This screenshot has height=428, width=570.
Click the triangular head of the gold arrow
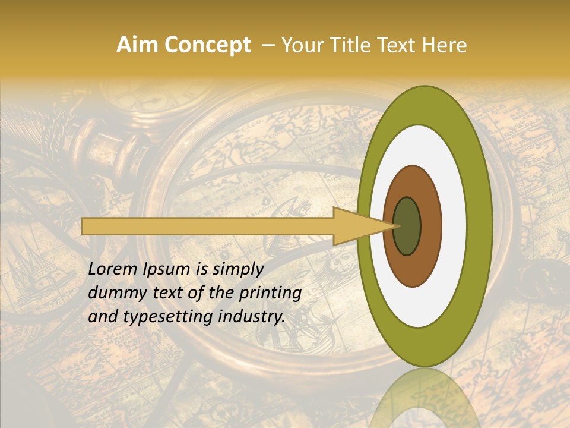click(356, 226)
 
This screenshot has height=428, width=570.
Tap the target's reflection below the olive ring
click(424, 398)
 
